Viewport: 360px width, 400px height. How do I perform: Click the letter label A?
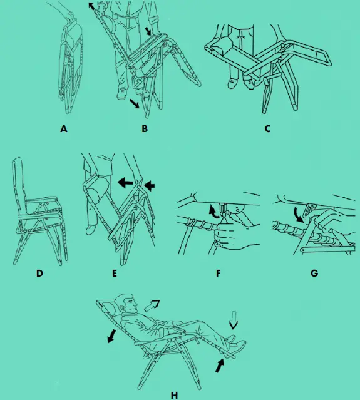click(x=63, y=130)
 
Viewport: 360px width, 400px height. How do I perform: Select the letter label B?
click(x=145, y=130)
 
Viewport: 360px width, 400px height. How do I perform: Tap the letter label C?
click(x=267, y=130)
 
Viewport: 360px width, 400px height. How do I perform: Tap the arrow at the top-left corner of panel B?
click(x=92, y=6)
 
